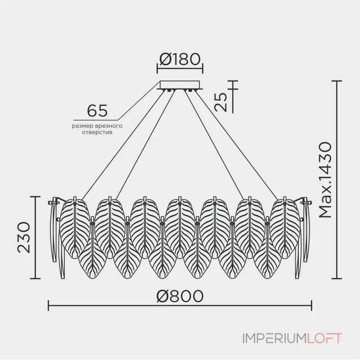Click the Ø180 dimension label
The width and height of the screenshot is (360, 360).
coord(180,59)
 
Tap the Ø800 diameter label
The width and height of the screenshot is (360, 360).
coord(180,296)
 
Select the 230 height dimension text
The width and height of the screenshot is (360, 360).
coord(24,238)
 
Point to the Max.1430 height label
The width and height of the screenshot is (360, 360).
coord(326,180)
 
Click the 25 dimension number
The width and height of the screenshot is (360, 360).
coord(221,102)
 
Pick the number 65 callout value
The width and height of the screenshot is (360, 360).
coord(97,111)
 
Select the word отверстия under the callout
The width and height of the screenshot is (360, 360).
coord(97,132)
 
